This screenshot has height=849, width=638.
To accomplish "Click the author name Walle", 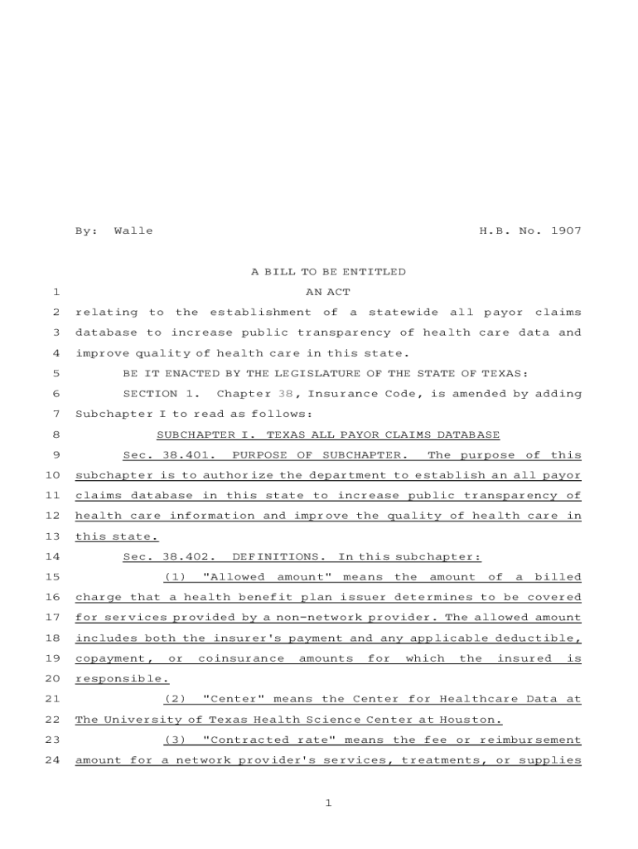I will pyautogui.click(x=133, y=230).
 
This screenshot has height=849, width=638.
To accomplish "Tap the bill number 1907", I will pyautogui.click(x=565, y=230).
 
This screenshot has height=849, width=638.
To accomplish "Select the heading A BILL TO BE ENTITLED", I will pyautogui.click(x=328, y=271).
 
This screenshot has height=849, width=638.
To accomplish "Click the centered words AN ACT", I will pyautogui.click(x=328, y=292).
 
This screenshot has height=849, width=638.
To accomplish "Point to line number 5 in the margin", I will pyautogui.click(x=55, y=373).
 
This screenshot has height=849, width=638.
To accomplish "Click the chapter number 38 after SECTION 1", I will pyautogui.click(x=285, y=394).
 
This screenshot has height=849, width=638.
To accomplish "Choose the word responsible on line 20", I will pyautogui.click(x=121, y=679).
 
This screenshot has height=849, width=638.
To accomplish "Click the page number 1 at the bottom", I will pyautogui.click(x=328, y=803).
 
